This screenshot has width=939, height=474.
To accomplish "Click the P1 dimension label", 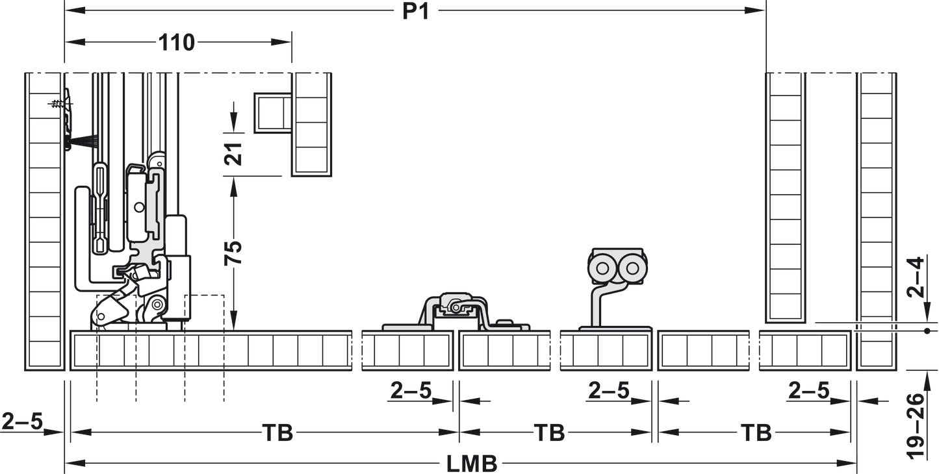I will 415,11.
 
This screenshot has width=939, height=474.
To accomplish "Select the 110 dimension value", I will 177,43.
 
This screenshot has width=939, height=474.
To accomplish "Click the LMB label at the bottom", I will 472,464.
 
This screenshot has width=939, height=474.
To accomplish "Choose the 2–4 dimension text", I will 915,277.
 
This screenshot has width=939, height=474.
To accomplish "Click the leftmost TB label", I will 277,432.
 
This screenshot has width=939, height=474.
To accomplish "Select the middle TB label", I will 548,432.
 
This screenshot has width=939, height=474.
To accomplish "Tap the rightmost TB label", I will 756,432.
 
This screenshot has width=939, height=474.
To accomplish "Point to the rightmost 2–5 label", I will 808,390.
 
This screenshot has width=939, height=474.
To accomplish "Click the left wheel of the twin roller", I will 602,268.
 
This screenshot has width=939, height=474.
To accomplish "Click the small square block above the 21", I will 272,112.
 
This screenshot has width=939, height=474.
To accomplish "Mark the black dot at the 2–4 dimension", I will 926,331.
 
